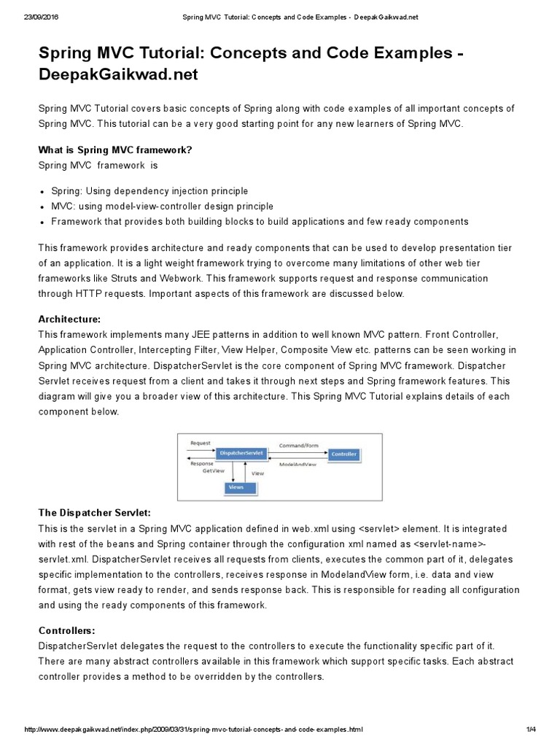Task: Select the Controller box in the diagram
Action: [343, 454]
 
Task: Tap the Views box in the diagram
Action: [236, 487]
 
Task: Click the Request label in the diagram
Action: [200, 443]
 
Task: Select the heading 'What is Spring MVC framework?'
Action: [114, 150]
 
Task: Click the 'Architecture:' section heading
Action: [69, 320]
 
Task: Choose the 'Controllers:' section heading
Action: [66, 630]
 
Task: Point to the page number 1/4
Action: [530, 729]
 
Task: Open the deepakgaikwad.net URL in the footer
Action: [193, 729]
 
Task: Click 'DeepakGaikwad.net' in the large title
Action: [117, 74]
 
